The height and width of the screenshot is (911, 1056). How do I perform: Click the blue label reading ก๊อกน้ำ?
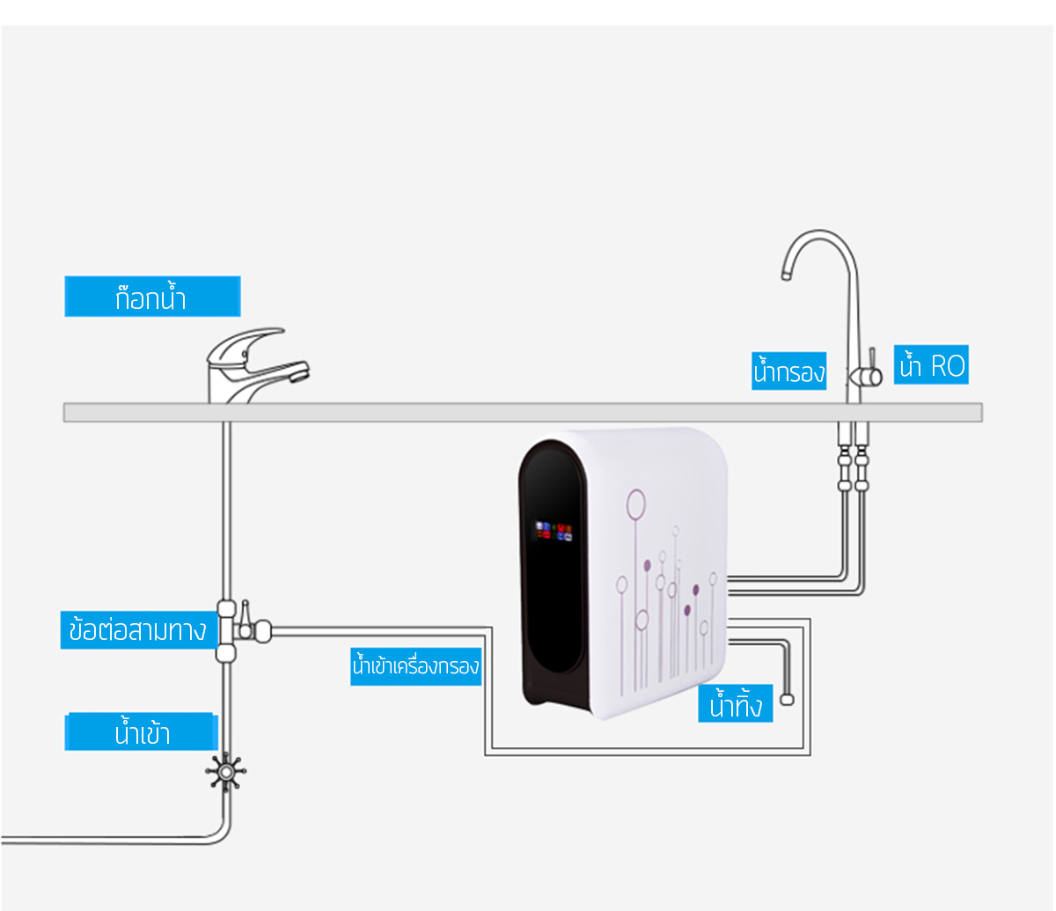pos(151,298)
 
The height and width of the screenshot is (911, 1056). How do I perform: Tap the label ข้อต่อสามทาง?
pos(137,630)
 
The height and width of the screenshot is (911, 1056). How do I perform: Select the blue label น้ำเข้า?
pos(141,732)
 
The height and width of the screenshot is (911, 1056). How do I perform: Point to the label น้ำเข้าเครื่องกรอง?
pos(415,666)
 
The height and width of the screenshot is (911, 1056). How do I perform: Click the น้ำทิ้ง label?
pos(735,705)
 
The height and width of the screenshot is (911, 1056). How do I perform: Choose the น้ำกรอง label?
pos(788,371)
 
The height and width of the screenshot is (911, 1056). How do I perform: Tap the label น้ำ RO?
pos(931,365)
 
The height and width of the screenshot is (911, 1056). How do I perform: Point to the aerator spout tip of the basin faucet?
pos(299,375)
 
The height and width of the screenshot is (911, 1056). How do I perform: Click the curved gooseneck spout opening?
pos(786,274)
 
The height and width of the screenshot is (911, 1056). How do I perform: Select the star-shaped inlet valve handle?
pos(226,772)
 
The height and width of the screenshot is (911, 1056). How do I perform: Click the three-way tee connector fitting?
pos(226,629)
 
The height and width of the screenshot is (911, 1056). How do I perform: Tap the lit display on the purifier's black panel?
pos(554,532)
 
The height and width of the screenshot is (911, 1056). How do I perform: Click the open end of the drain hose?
pos(787,699)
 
